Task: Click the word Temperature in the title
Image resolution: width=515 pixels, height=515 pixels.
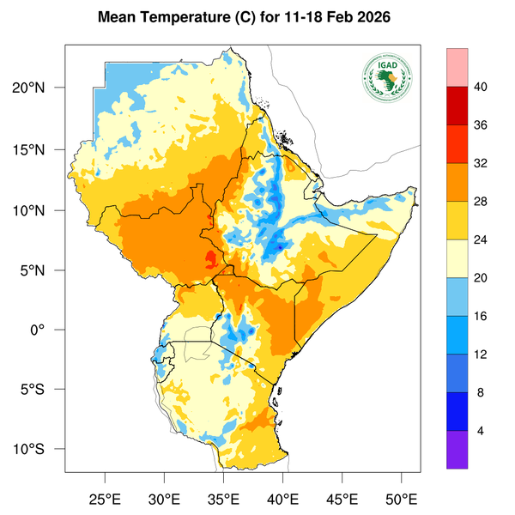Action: (x=183, y=17)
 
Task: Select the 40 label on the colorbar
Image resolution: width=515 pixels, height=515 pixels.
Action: (x=481, y=87)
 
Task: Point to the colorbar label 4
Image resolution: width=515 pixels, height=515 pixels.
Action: (x=481, y=430)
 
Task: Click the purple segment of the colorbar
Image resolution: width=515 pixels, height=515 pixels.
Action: (x=457, y=449)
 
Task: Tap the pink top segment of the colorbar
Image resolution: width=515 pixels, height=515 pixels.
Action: (x=457, y=67)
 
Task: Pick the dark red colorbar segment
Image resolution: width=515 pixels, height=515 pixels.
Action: (x=457, y=105)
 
